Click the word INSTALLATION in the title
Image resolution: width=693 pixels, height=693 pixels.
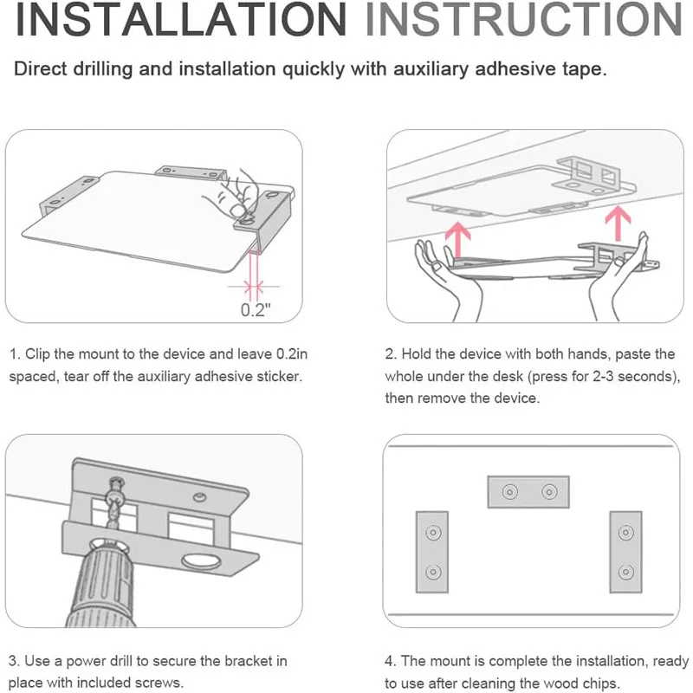tap(181, 20)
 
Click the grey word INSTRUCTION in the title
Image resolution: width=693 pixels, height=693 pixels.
tap(524, 20)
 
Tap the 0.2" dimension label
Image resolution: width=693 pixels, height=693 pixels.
tap(256, 310)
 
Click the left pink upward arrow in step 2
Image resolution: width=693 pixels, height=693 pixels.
tap(458, 240)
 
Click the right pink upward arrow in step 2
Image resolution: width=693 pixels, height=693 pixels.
tap(618, 224)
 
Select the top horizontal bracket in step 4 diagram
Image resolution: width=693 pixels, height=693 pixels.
tap(528, 492)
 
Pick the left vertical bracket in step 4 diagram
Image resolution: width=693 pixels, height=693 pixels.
tap(432, 552)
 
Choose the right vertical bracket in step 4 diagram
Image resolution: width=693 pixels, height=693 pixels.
tap(625, 552)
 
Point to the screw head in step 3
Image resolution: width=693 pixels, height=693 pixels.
tap(116, 483)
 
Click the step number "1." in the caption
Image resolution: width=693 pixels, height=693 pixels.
tap(15, 354)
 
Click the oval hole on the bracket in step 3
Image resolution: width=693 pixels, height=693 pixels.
tap(202, 562)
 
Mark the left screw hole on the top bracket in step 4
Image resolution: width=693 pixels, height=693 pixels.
tap(509, 492)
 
